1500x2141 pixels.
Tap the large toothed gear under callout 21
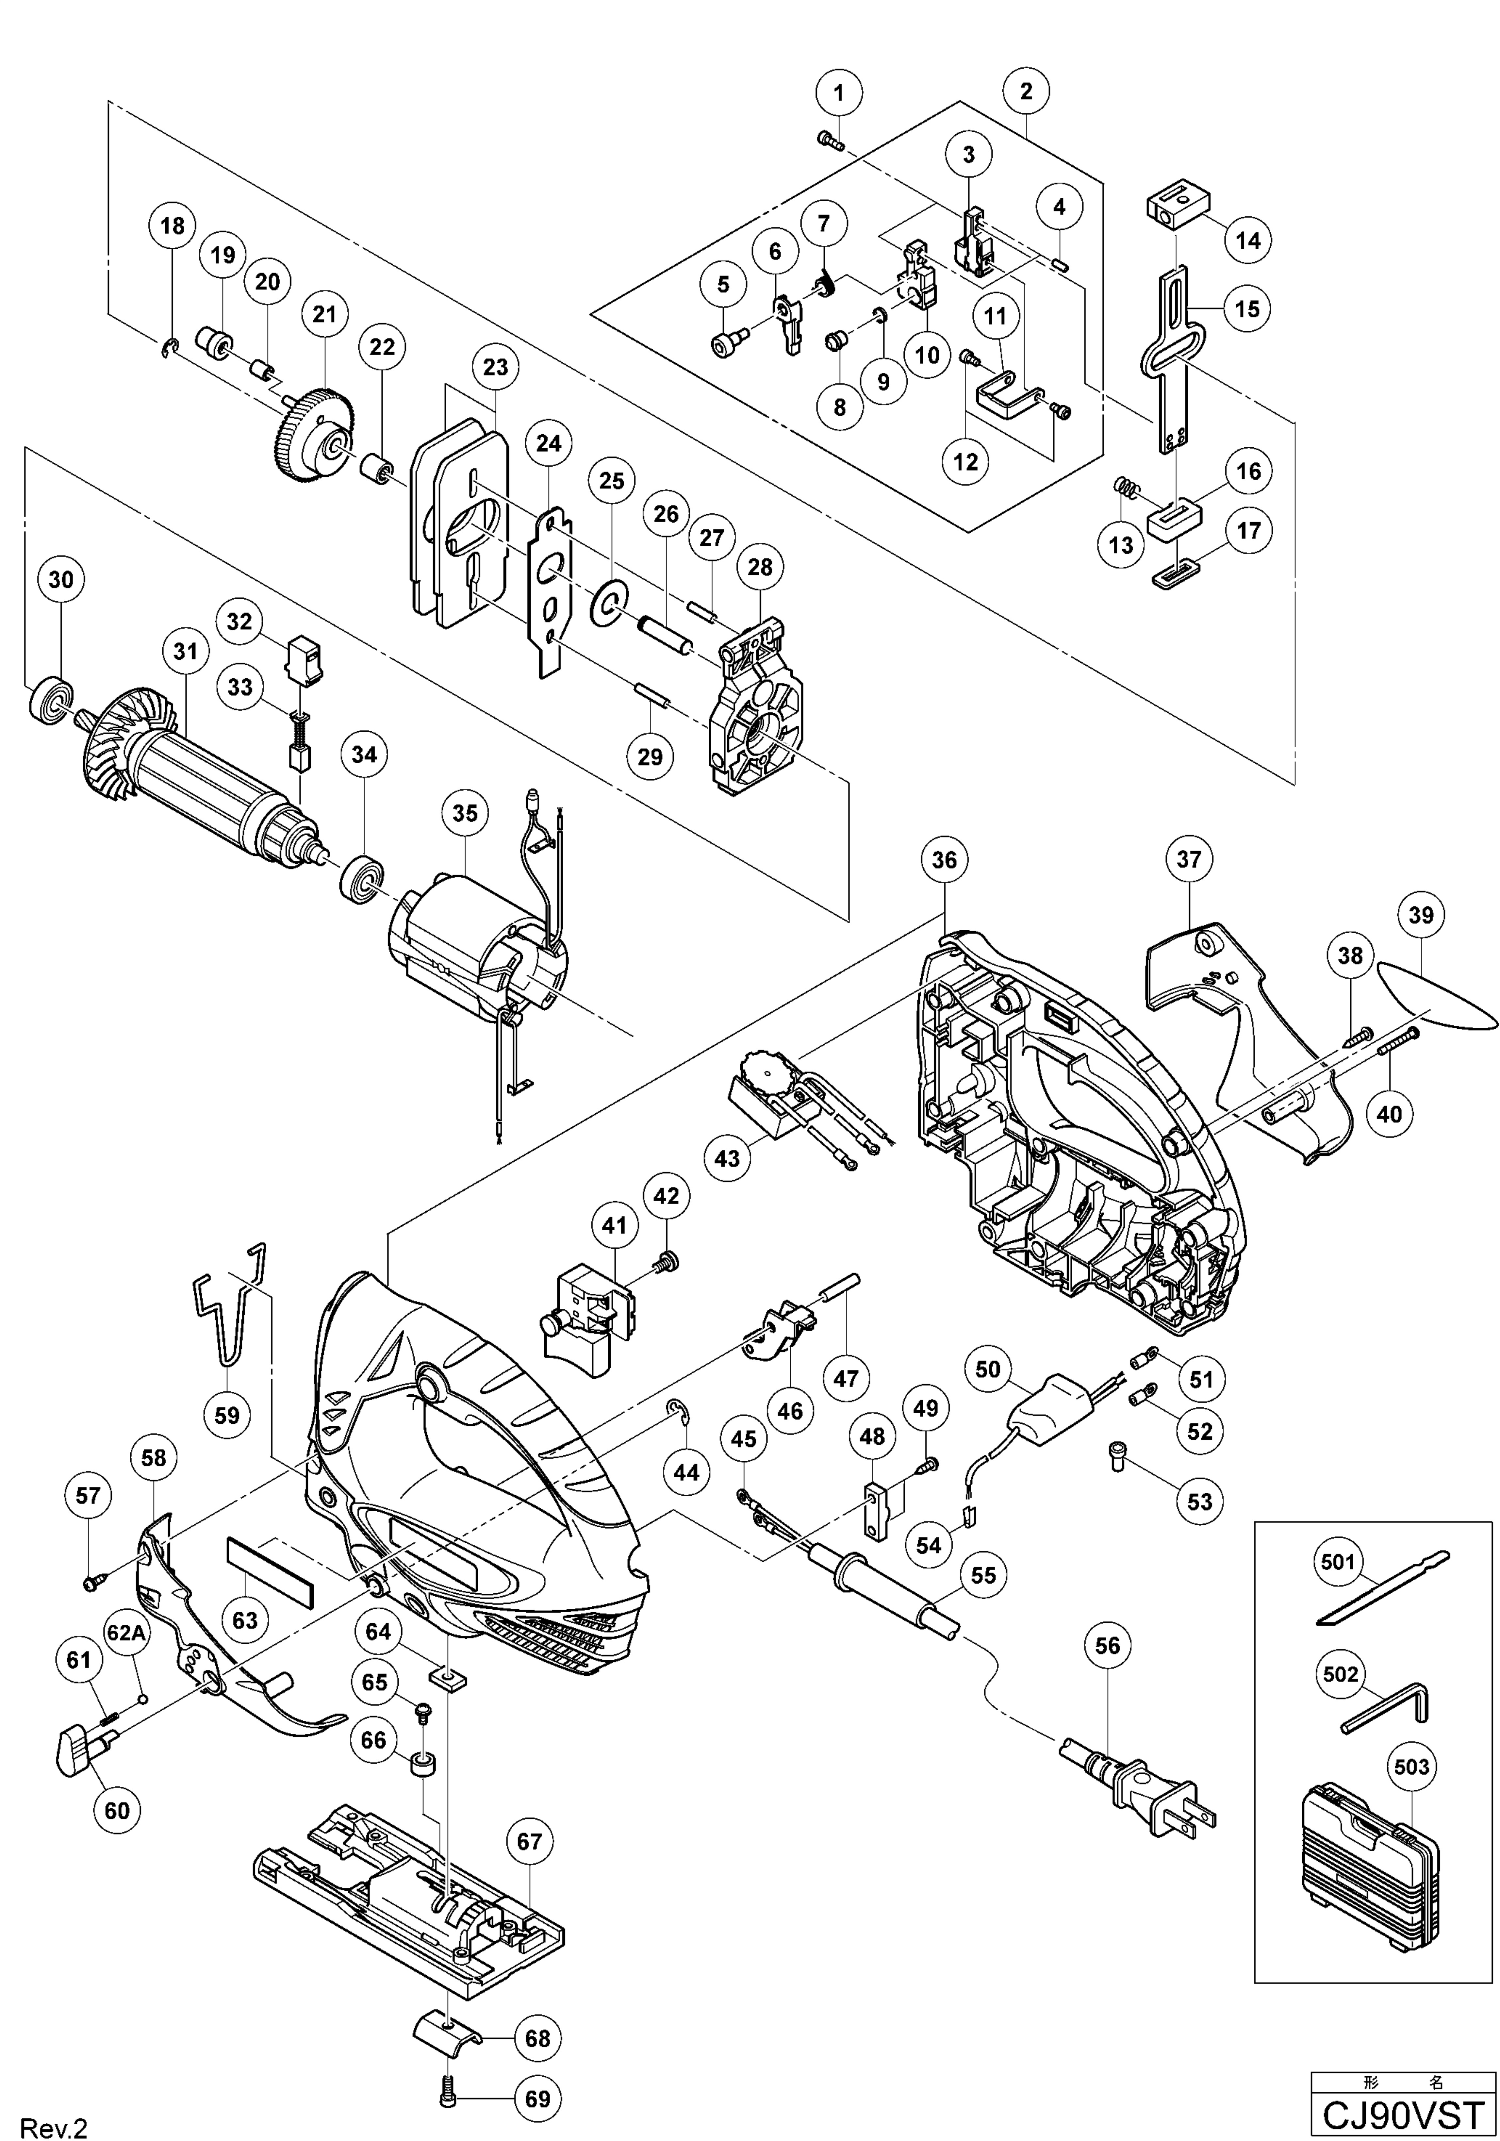click(313, 437)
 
